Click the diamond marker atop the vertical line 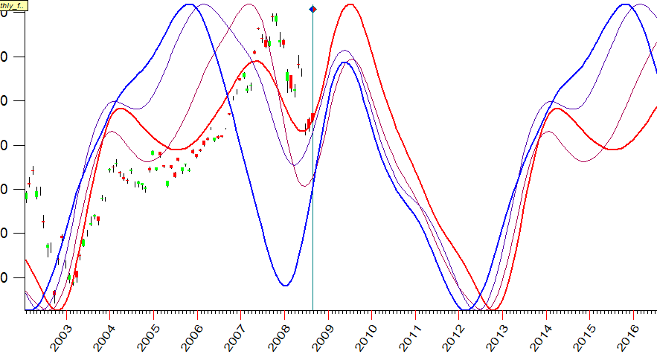click(313, 9)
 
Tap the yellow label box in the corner click(13, 5)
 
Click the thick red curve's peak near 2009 click(350, 5)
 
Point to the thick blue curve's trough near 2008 click(285, 285)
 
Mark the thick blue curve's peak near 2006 click(190, 4)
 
